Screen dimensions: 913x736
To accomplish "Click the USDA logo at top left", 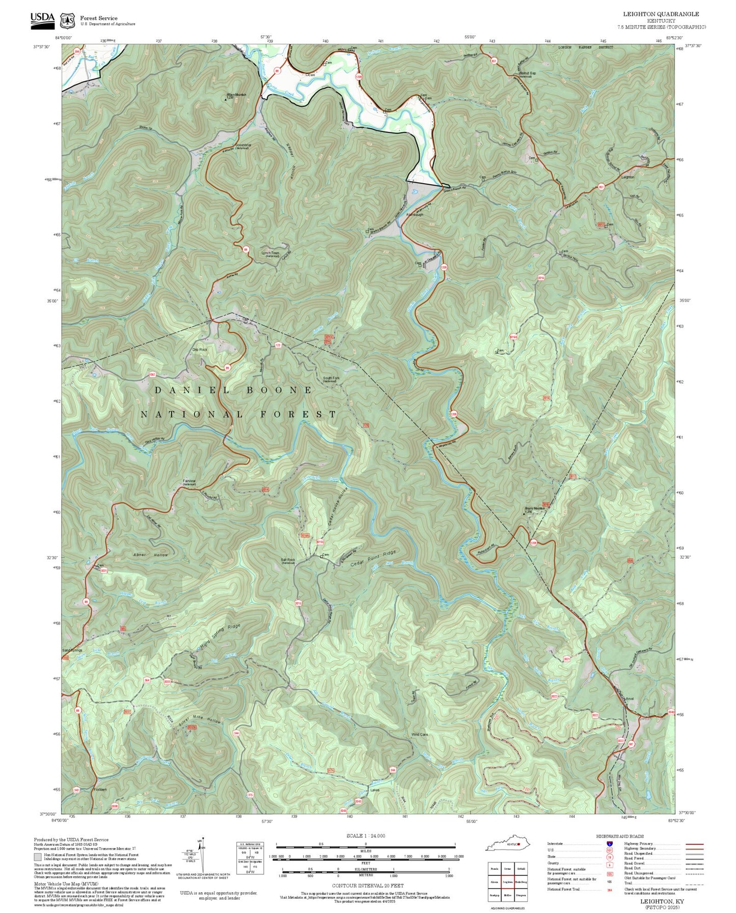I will pyautogui.click(x=42, y=19).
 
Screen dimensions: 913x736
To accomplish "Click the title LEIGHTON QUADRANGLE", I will pyautogui.click(x=661, y=14).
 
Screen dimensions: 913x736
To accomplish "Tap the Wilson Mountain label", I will pyautogui.click(x=236, y=95).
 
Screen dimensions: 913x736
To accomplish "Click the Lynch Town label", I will pyautogui.click(x=270, y=253).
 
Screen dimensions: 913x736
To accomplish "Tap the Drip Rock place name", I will pyautogui.click(x=200, y=350).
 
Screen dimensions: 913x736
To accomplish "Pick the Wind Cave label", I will pyautogui.click(x=420, y=735).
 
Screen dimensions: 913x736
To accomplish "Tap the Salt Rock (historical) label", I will pyautogui.click(x=288, y=560).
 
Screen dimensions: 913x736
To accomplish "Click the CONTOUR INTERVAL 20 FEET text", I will pyautogui.click(x=367, y=886).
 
